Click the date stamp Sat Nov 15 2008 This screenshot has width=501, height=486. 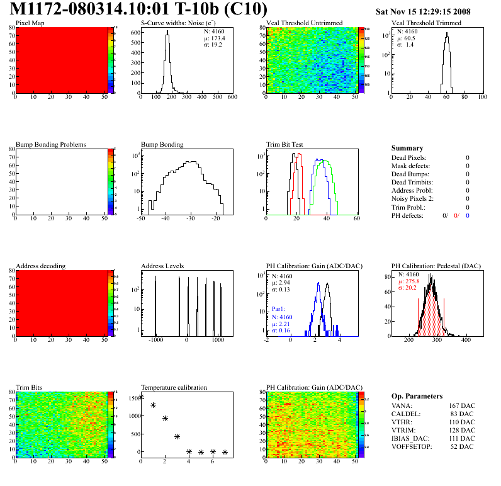(423, 11)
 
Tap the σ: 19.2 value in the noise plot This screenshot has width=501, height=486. (212, 45)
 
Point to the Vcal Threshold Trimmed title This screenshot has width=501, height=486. (426, 23)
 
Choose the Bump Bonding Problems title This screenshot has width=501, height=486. (51, 144)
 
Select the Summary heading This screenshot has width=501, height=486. (407, 149)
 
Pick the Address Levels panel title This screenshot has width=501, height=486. (163, 266)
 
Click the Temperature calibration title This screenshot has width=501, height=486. (174, 387)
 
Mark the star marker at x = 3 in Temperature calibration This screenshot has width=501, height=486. (177, 436)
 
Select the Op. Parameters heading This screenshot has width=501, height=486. (417, 396)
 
